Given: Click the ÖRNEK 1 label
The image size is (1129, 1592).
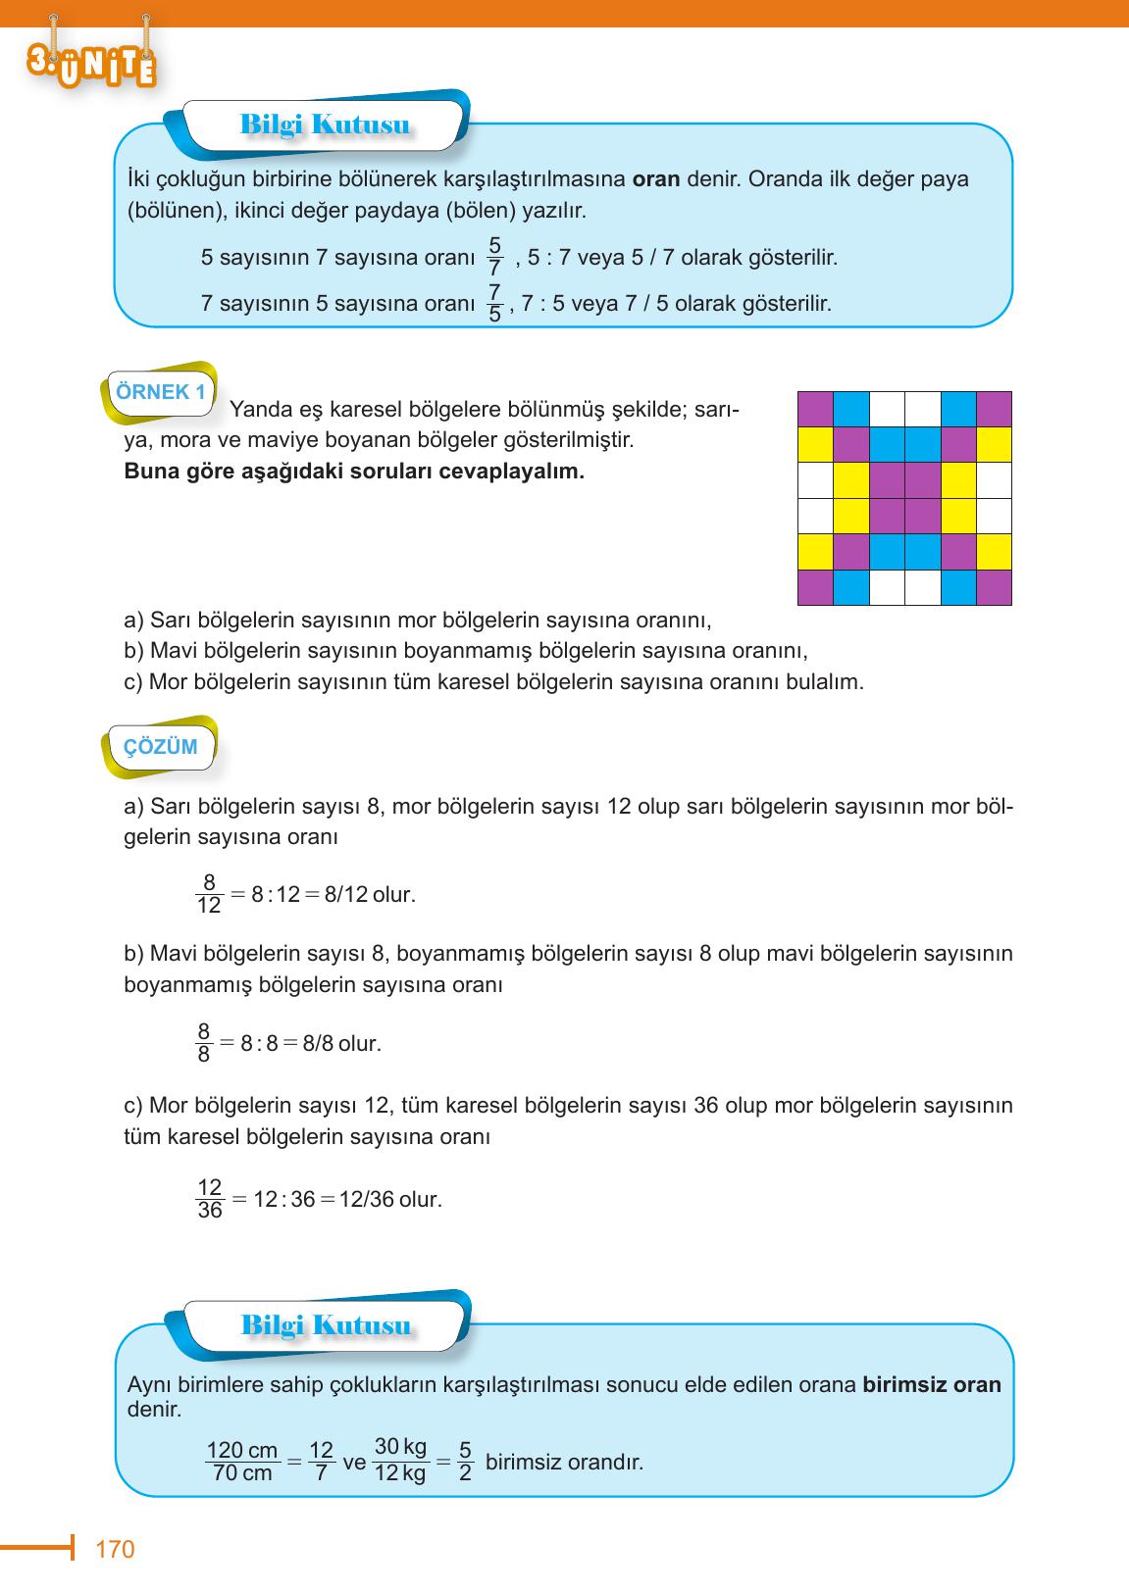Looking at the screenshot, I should [x=160, y=392].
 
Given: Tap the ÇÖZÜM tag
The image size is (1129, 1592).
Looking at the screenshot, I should [x=160, y=747].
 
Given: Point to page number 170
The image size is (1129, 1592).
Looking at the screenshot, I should [x=115, y=1549].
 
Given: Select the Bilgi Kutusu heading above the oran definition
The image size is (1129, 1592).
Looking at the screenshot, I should [x=325, y=126].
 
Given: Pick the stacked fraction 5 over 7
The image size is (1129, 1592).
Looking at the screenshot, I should [x=494, y=257].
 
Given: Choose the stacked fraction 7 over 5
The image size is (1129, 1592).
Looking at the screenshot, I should [x=494, y=303].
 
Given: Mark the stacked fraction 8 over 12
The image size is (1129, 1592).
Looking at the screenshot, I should [x=209, y=894].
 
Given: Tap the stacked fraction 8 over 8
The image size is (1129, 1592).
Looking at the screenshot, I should [x=204, y=1043].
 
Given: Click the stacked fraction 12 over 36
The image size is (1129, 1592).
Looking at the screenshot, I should [x=210, y=1199].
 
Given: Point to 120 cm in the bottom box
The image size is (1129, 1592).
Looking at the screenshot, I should [x=242, y=1450].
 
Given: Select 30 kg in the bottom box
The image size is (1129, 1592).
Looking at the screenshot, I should [x=400, y=1447].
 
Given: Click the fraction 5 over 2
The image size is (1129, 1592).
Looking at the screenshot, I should [x=465, y=1461].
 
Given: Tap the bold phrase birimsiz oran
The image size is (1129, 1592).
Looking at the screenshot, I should [x=932, y=1385].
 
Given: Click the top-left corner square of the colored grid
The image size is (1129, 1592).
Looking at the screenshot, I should [x=815, y=410].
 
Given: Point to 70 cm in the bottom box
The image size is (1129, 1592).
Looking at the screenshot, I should [x=242, y=1473].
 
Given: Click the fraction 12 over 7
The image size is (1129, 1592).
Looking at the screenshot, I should [x=321, y=1461].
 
